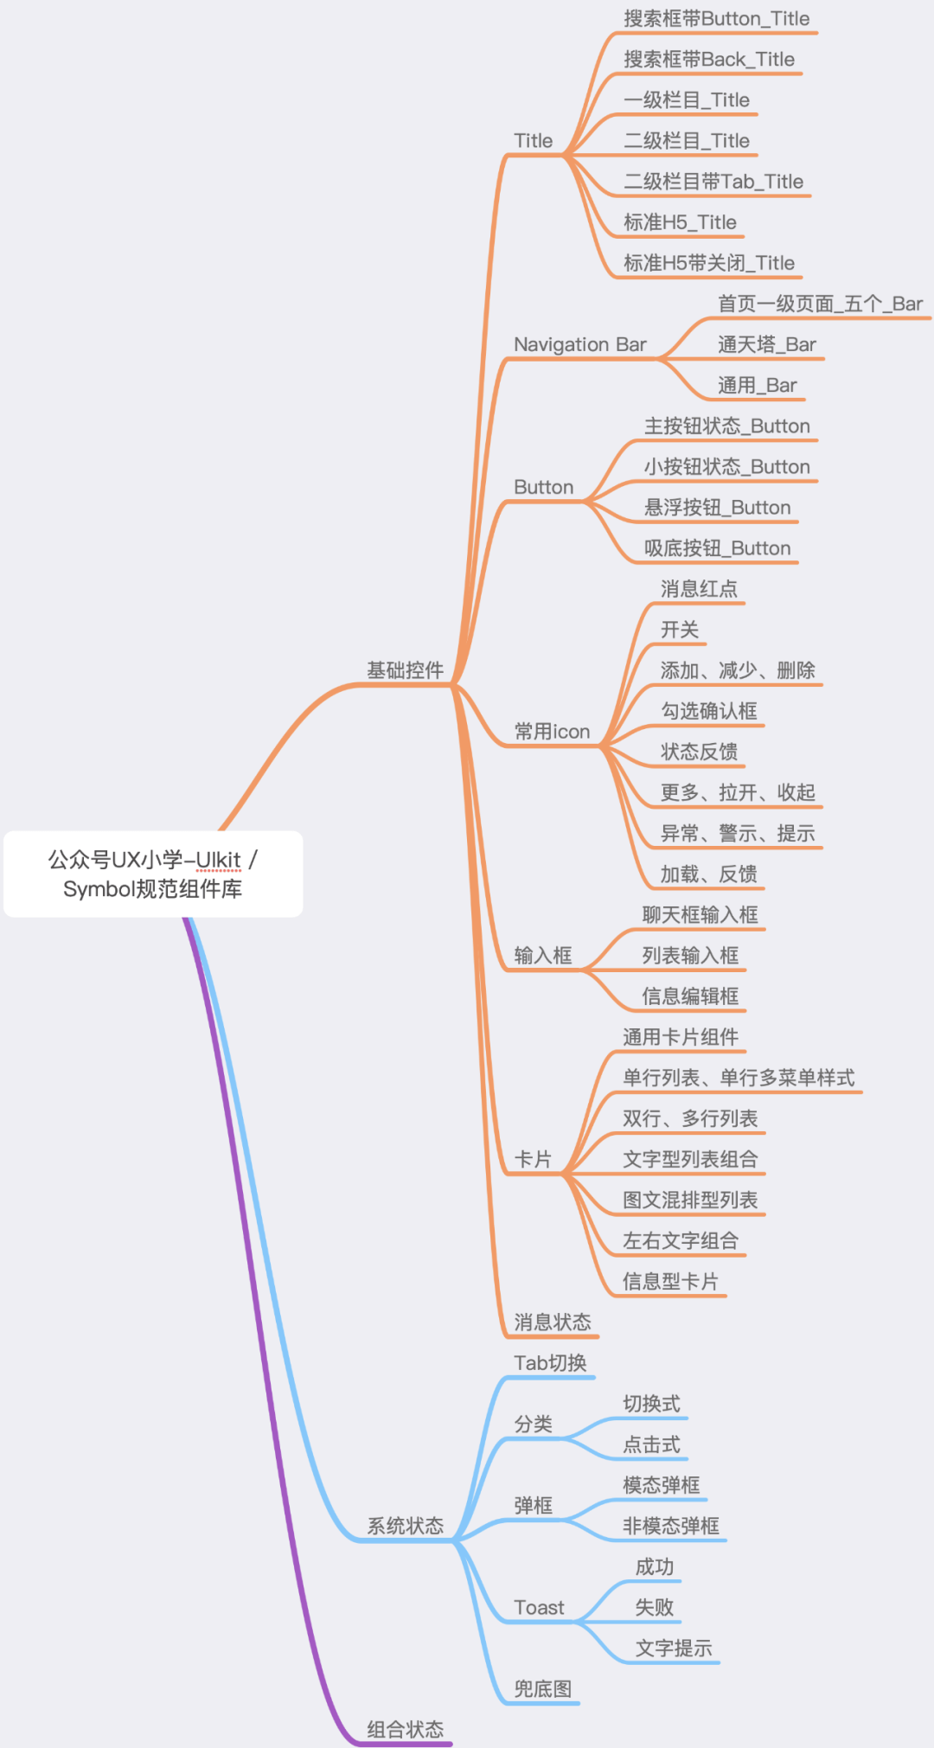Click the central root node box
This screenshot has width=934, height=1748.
[x=153, y=874]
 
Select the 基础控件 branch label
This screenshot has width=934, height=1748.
[x=405, y=670]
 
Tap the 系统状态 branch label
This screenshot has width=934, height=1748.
[x=405, y=1526]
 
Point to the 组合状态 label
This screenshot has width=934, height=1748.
[x=405, y=1730]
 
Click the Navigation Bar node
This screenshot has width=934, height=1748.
[x=579, y=344]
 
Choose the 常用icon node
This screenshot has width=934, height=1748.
[x=552, y=732]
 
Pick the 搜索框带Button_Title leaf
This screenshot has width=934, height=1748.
[x=716, y=19]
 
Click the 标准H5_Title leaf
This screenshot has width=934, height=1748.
[x=680, y=222]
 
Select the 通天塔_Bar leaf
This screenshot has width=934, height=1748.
[x=766, y=344]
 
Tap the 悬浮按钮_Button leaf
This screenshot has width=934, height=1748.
[x=717, y=508]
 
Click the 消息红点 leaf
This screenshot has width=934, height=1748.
[x=699, y=589]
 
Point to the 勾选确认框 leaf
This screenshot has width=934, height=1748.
[x=708, y=711]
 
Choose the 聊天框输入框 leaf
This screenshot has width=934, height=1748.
[x=700, y=915]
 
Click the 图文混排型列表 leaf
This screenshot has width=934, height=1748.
[x=690, y=1201]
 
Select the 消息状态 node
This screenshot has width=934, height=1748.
[x=552, y=1322]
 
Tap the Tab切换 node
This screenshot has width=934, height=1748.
[x=550, y=1363]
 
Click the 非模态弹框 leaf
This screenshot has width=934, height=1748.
[x=671, y=1527]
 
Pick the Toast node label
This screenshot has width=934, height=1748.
[x=539, y=1608]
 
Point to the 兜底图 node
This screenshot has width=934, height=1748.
[x=542, y=1689]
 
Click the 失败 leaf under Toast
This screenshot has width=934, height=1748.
[x=654, y=1608]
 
